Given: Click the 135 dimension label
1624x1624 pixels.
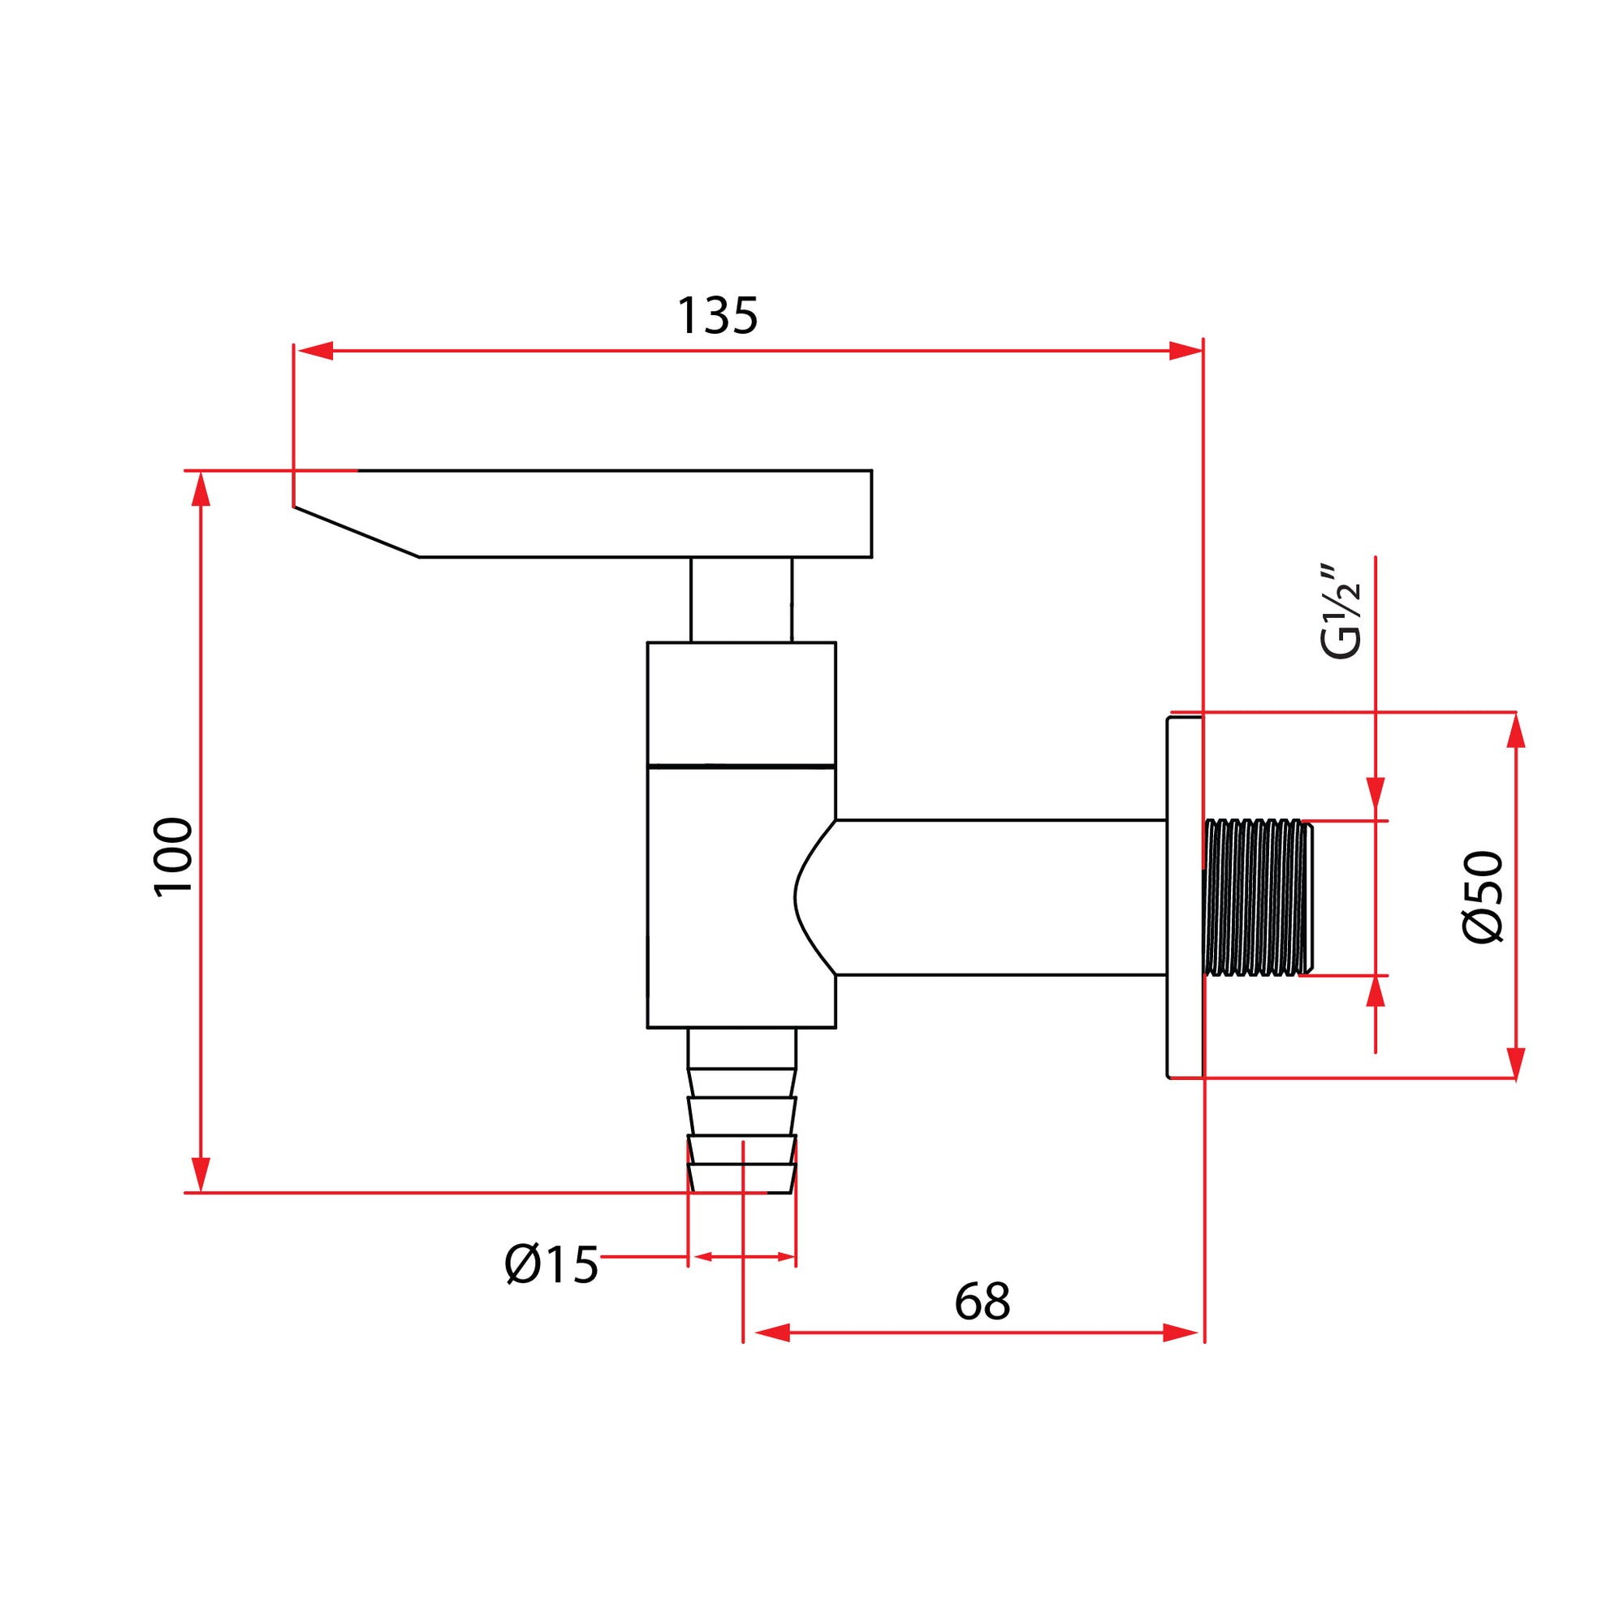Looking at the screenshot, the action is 717,315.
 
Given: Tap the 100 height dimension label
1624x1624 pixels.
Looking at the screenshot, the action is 174,857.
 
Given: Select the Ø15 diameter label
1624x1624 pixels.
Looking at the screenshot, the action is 551,1265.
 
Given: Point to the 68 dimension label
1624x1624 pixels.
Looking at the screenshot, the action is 982,1301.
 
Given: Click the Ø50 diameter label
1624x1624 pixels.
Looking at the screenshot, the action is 1482,897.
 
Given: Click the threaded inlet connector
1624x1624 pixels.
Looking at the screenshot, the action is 1258,897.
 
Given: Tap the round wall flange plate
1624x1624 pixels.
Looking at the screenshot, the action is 1185,896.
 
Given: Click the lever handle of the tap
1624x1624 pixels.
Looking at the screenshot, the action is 582,514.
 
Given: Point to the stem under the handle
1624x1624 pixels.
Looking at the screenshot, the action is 741,599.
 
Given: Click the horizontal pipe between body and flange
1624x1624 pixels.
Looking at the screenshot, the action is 1000,897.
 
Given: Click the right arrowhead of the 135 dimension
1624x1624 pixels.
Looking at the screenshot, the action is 1186,351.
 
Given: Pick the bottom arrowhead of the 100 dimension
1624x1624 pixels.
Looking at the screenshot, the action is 200,1174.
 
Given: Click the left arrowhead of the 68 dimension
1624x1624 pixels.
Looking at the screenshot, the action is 772,1332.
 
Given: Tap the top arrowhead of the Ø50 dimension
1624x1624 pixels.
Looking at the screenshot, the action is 1515,731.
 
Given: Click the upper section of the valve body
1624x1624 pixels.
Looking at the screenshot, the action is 741,704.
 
